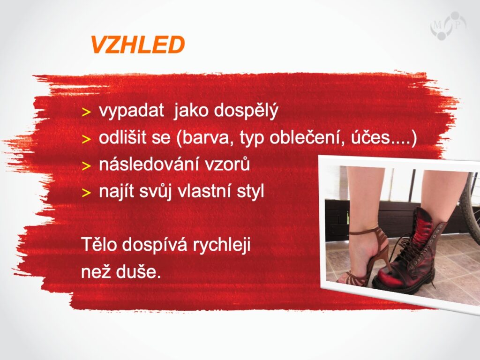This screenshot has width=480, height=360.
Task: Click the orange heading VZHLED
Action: coord(137,45)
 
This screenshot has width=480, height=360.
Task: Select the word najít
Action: coord(116,192)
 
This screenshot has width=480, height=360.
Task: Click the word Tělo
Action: coord(98,244)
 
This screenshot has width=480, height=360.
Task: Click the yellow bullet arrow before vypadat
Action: coord(87,112)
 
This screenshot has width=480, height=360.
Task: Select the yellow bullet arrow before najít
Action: coord(87,193)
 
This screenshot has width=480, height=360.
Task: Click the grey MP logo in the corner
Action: coord(448,26)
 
